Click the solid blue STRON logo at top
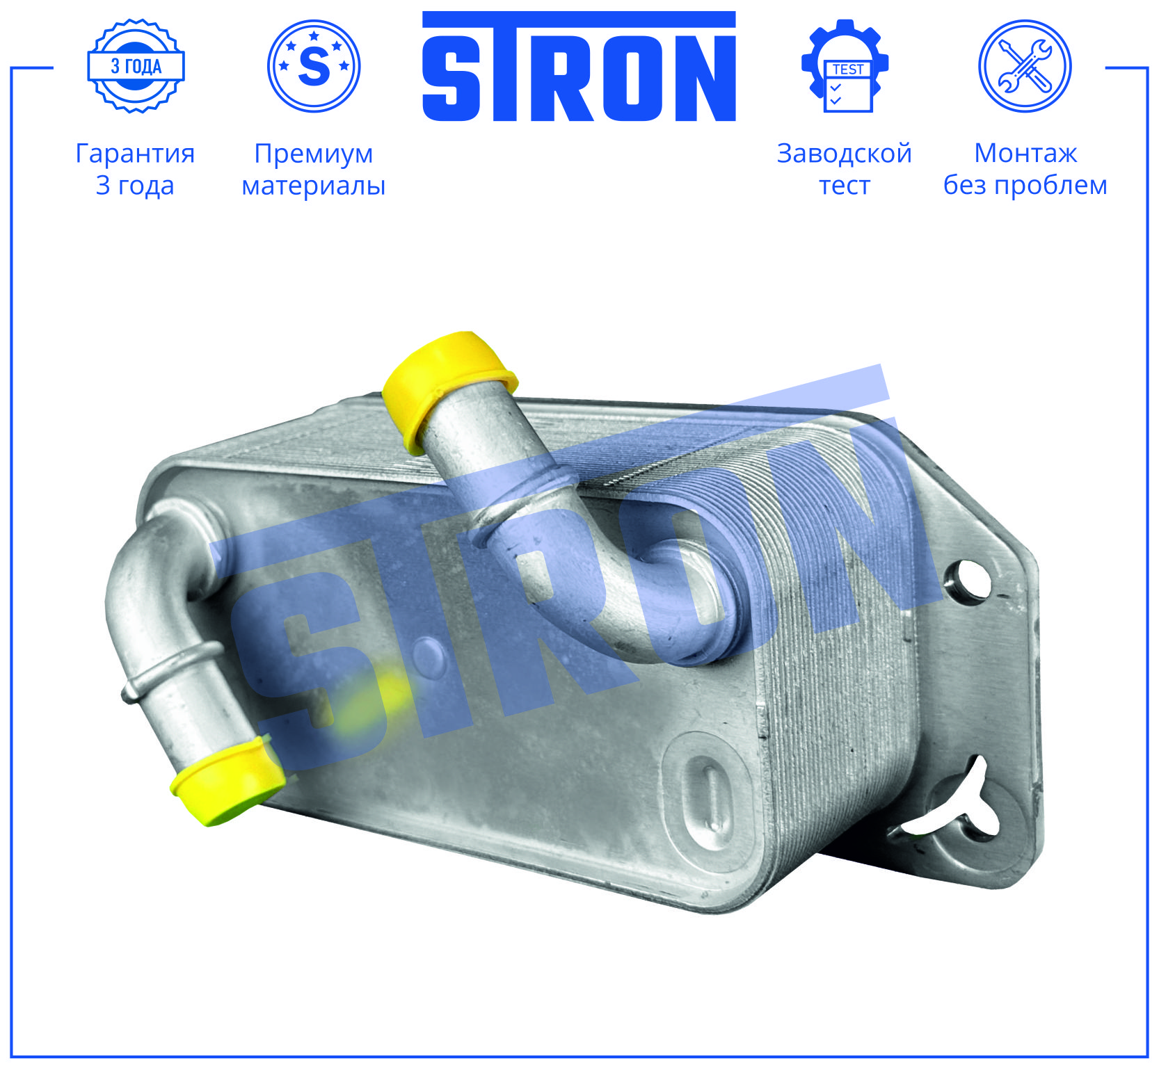(579, 66)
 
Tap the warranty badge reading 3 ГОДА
(136, 66)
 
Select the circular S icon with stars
(314, 66)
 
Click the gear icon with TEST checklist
(845, 66)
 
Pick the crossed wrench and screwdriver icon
(1025, 66)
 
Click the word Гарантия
(135, 154)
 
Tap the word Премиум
(314, 154)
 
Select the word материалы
(314, 186)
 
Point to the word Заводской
(845, 154)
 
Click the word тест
(845, 186)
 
